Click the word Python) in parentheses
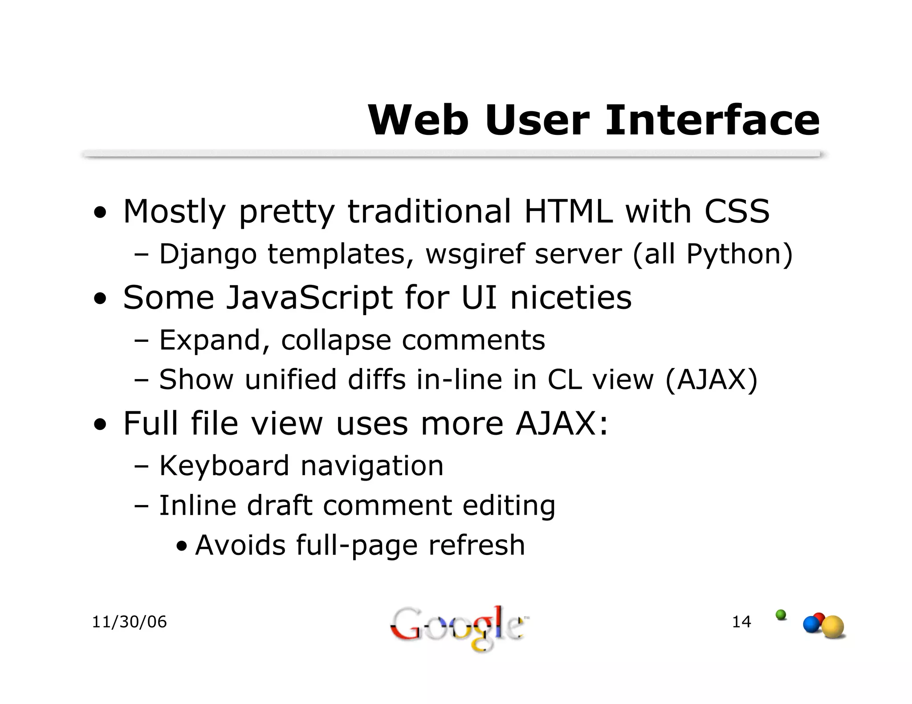[x=739, y=255]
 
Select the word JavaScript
[x=309, y=298]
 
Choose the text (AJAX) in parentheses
[x=711, y=380]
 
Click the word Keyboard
[x=224, y=466]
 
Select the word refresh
[x=476, y=545]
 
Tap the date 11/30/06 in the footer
[x=129, y=622]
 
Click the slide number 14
[x=741, y=622]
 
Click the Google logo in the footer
[x=457, y=627]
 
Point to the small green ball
[x=781, y=615]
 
